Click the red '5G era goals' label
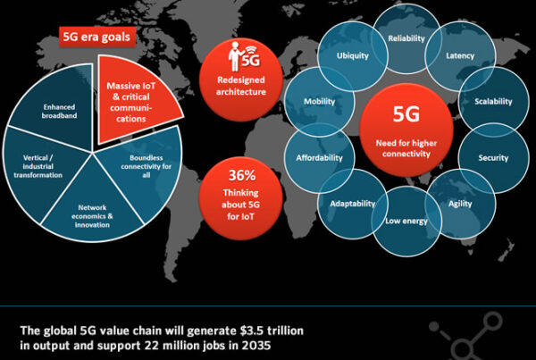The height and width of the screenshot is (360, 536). [97, 38]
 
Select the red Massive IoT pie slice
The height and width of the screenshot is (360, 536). [135, 97]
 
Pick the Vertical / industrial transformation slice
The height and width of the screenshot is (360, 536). [43, 168]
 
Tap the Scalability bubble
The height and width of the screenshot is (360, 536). [493, 103]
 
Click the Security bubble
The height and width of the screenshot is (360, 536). [493, 157]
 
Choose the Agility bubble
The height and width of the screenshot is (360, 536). [462, 204]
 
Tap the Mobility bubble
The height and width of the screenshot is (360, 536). [319, 103]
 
